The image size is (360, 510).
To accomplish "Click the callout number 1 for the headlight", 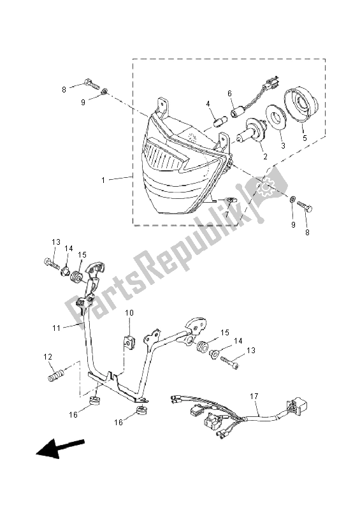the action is pyautogui.click(x=103, y=180).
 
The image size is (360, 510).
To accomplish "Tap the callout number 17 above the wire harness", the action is pyautogui.click(x=254, y=396).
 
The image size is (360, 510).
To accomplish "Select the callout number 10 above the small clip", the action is pyautogui.click(x=129, y=313).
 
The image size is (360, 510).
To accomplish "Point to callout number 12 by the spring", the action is pyautogui.click(x=48, y=357).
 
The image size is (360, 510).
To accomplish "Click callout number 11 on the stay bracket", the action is pyautogui.click(x=57, y=328).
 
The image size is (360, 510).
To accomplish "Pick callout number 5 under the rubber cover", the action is pyautogui.click(x=305, y=138).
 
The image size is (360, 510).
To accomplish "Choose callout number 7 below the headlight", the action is pyautogui.click(x=227, y=215).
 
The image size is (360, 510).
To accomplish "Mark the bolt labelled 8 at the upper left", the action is pyautogui.click(x=92, y=84).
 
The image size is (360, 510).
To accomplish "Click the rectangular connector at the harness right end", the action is pyautogui.click(x=297, y=405).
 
